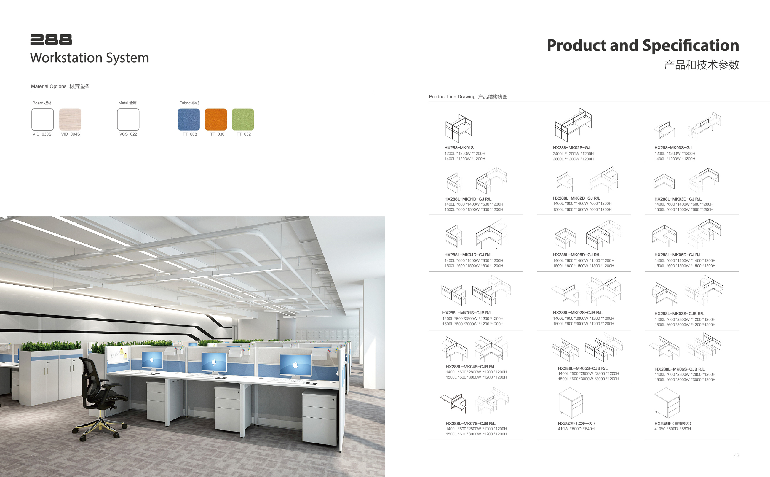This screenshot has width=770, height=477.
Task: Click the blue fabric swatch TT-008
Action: click(x=189, y=119)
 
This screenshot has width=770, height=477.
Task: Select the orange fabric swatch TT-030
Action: click(x=216, y=119)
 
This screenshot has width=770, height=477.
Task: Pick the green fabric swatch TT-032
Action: click(x=243, y=119)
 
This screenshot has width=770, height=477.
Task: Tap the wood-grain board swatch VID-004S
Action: click(x=70, y=119)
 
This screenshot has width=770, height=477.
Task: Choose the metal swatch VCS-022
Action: click(x=128, y=119)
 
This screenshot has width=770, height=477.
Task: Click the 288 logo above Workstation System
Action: click(x=51, y=40)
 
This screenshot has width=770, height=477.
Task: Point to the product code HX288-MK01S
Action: click(x=459, y=148)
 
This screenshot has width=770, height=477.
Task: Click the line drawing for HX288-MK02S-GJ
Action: click(x=573, y=125)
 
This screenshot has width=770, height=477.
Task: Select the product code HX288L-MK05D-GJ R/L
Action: click(x=576, y=255)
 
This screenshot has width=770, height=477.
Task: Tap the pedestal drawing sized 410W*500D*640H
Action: click(x=571, y=403)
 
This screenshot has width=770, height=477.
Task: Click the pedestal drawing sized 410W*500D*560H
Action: click(x=667, y=403)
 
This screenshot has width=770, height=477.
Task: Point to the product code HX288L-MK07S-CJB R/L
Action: click(x=471, y=423)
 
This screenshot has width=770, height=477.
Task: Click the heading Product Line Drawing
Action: click(x=452, y=96)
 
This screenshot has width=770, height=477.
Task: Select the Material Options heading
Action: click(x=49, y=86)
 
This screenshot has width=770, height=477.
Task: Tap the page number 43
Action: click(x=736, y=455)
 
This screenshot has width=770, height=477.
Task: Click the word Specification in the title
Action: click(x=691, y=45)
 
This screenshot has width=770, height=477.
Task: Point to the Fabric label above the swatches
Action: click(x=185, y=103)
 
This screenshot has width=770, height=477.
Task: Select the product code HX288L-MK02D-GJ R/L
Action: click(x=576, y=198)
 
